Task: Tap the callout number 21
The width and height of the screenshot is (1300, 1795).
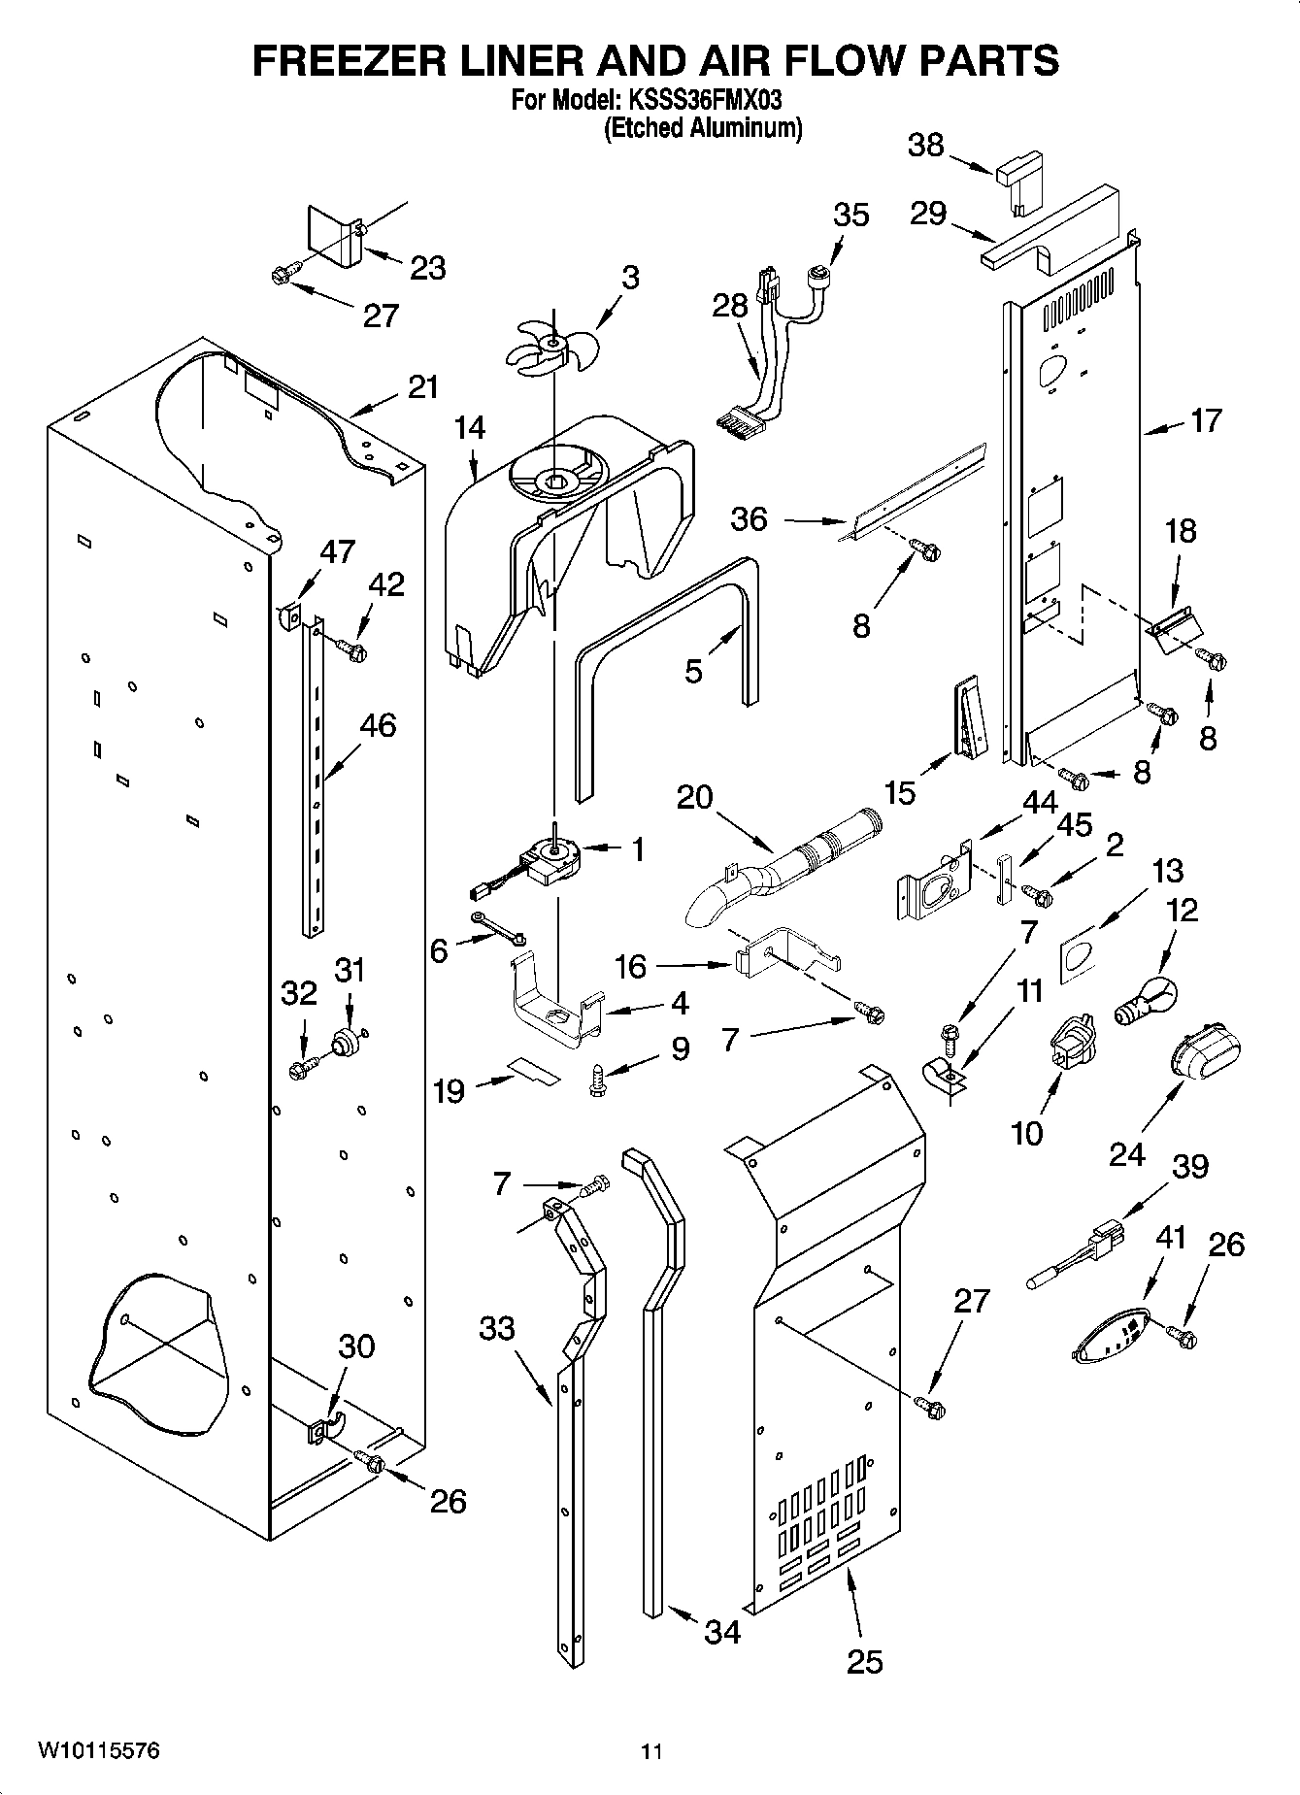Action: [423, 387]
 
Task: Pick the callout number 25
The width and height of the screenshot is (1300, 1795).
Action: [864, 1661]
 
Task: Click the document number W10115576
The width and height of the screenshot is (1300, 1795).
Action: [98, 1750]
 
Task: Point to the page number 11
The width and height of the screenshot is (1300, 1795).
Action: [651, 1751]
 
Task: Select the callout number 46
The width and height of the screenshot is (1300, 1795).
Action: [378, 725]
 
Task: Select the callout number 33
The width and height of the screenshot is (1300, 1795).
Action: [496, 1327]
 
